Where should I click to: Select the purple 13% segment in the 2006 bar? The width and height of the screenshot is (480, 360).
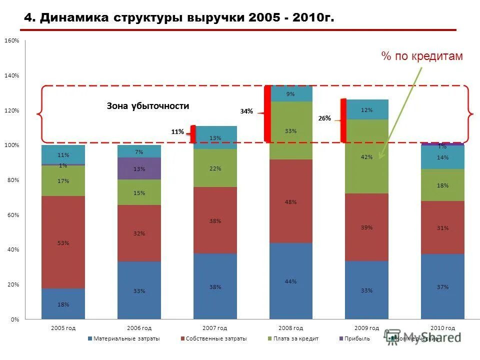click(x=139, y=168)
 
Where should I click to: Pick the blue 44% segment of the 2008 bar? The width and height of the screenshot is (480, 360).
click(x=290, y=281)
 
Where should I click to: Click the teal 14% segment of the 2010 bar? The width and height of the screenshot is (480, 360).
click(x=442, y=157)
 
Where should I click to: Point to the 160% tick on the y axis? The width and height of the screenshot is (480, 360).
click(x=12, y=40)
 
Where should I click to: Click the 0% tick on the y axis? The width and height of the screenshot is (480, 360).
click(x=14, y=319)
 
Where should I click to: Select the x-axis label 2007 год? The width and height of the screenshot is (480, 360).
click(x=215, y=328)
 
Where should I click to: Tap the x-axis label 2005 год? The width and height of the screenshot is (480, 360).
click(x=63, y=328)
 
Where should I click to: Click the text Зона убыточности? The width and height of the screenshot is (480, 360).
click(x=148, y=106)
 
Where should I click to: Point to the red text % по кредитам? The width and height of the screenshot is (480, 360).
click(x=422, y=56)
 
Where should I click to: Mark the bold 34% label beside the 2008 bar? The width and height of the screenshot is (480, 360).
click(x=246, y=111)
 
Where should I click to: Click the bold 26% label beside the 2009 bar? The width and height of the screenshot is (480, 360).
click(x=324, y=118)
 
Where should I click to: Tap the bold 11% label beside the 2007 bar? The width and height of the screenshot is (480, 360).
click(x=177, y=132)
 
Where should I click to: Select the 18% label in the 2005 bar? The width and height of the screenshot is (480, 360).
click(x=63, y=304)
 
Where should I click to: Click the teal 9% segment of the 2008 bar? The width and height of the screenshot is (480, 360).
click(x=290, y=94)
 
